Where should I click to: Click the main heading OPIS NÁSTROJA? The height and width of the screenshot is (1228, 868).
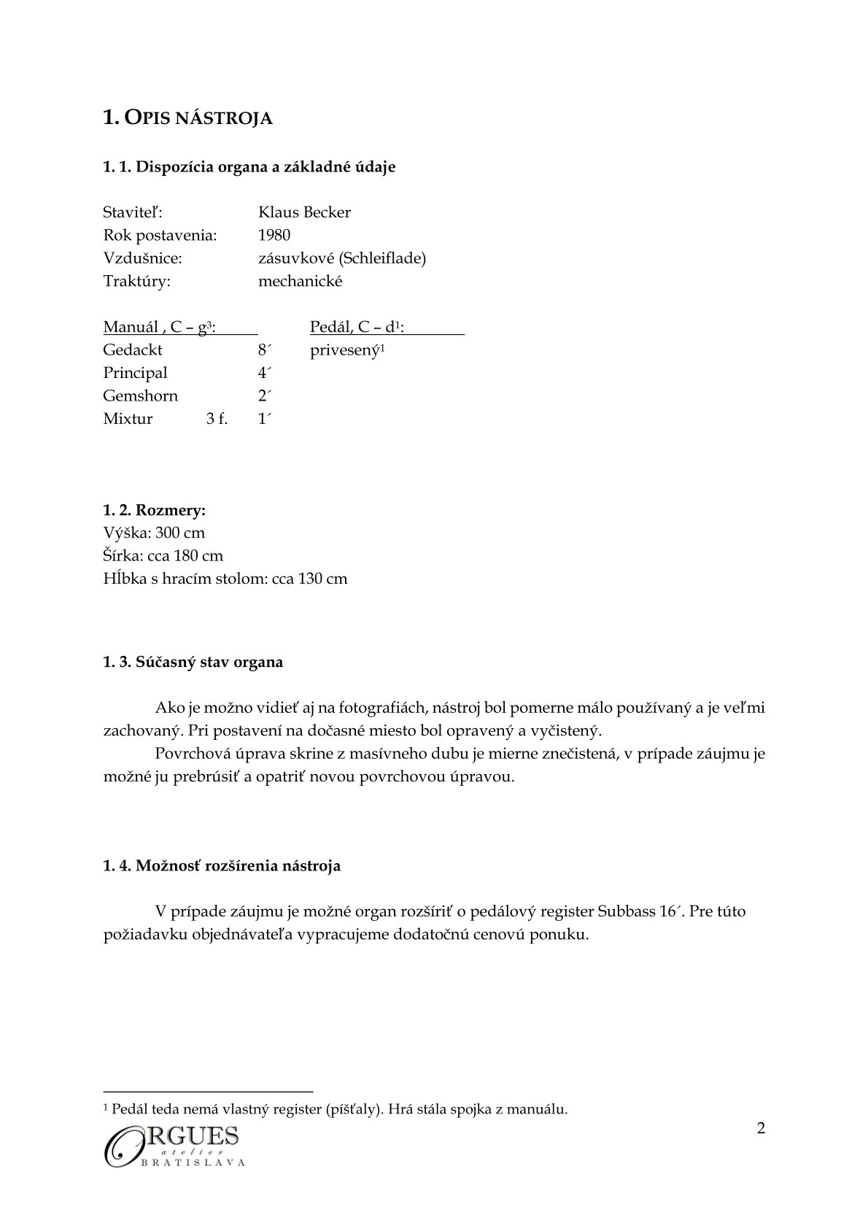pos(187,117)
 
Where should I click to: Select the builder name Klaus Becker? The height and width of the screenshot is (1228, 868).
pos(304,212)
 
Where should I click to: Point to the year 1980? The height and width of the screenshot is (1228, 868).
pos(274,235)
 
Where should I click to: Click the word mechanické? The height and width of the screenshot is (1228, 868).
pos(300,282)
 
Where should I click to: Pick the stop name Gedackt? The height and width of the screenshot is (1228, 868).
pos(133,350)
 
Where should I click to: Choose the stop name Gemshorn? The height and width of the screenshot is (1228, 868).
pos(140,396)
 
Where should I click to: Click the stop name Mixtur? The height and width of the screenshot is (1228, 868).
pos(128,419)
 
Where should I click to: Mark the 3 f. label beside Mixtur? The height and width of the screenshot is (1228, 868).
pos(217,419)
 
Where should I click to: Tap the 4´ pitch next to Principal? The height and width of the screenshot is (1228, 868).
pos(265,373)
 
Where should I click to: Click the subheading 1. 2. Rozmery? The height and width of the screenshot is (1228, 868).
pos(154,510)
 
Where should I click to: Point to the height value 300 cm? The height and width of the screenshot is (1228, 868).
pos(180,533)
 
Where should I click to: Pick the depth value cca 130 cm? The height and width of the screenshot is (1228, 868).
pos(309,579)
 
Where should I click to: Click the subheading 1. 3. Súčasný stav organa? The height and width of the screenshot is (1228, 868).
pos(193,662)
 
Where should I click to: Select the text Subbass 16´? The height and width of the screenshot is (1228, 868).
pos(638,911)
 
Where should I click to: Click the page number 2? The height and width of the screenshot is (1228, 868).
pos(762,1129)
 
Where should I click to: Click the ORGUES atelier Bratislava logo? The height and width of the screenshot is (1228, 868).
pos(174,1146)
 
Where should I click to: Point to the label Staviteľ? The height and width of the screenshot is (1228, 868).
pos(132,212)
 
